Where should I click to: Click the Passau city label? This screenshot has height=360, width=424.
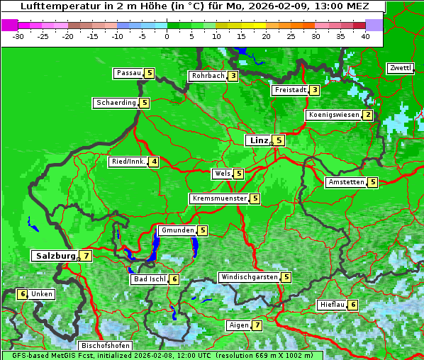pyautogui.click(x=129, y=73)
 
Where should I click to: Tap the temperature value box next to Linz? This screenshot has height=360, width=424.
pyautogui.click(x=279, y=140)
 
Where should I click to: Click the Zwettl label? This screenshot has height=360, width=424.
pyautogui.click(x=400, y=68)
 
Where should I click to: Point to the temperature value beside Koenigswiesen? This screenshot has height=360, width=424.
pyautogui.click(x=367, y=115)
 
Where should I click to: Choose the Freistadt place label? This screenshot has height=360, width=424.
pyautogui.click(x=289, y=90)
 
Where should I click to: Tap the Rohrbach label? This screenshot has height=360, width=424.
pyautogui.click(x=207, y=76)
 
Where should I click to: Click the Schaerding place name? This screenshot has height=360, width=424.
pyautogui.click(x=116, y=103)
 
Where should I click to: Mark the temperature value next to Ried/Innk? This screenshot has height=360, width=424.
pyautogui.click(x=154, y=162)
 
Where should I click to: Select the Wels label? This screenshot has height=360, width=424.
pyautogui.click(x=221, y=174)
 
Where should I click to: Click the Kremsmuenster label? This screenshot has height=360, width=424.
pyautogui.click(x=219, y=198)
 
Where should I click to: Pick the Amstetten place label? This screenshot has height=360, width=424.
pyautogui.click(x=345, y=182)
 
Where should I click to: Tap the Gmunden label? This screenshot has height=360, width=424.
pyautogui.click(x=177, y=230)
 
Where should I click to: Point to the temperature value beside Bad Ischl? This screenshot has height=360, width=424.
pyautogui.click(x=174, y=279)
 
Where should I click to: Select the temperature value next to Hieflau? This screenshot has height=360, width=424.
pyautogui.click(x=353, y=305)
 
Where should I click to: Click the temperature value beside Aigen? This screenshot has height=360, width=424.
pyautogui.click(x=257, y=325)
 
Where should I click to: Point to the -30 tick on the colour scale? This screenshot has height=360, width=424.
pyautogui.click(x=19, y=36)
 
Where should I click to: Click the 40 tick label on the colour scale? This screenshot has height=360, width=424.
pyautogui.click(x=365, y=36)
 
